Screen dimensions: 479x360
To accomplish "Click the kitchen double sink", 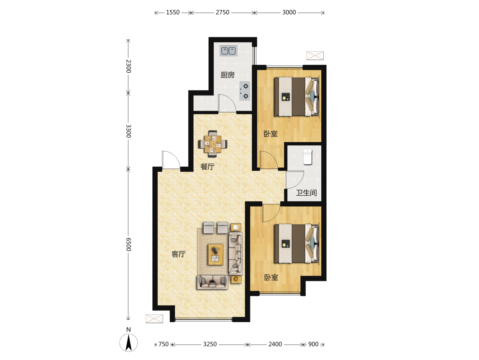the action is click(228, 51).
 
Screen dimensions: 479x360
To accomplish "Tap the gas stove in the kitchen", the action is click(244, 91).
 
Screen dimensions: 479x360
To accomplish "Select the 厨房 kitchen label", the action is click(228, 75).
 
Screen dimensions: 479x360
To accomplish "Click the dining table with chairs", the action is click(213, 144).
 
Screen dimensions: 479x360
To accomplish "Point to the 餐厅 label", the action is click(208, 167).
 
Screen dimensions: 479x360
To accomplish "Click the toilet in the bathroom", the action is click(307, 157).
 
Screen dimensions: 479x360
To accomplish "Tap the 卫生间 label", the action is click(306, 193).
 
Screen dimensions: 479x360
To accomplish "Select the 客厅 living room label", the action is click(179, 254).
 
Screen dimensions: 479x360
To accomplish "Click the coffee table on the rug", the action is click(216, 255).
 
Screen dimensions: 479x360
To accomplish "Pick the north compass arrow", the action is click(128, 343).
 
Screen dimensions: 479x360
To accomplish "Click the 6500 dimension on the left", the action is click(128, 244).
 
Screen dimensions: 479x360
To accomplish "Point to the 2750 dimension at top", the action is click(223, 12).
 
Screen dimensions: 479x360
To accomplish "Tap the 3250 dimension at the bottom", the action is click(210, 344).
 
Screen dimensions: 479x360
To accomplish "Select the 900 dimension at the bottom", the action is click(313, 344).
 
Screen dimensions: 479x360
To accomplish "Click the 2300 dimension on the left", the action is click(128, 66).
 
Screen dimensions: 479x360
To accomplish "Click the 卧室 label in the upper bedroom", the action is click(270, 134).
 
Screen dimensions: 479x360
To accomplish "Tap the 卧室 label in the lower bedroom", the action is click(271, 277).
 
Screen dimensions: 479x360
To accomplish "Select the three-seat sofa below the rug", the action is click(213, 282).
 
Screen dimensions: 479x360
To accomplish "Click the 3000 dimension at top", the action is click(289, 12).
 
